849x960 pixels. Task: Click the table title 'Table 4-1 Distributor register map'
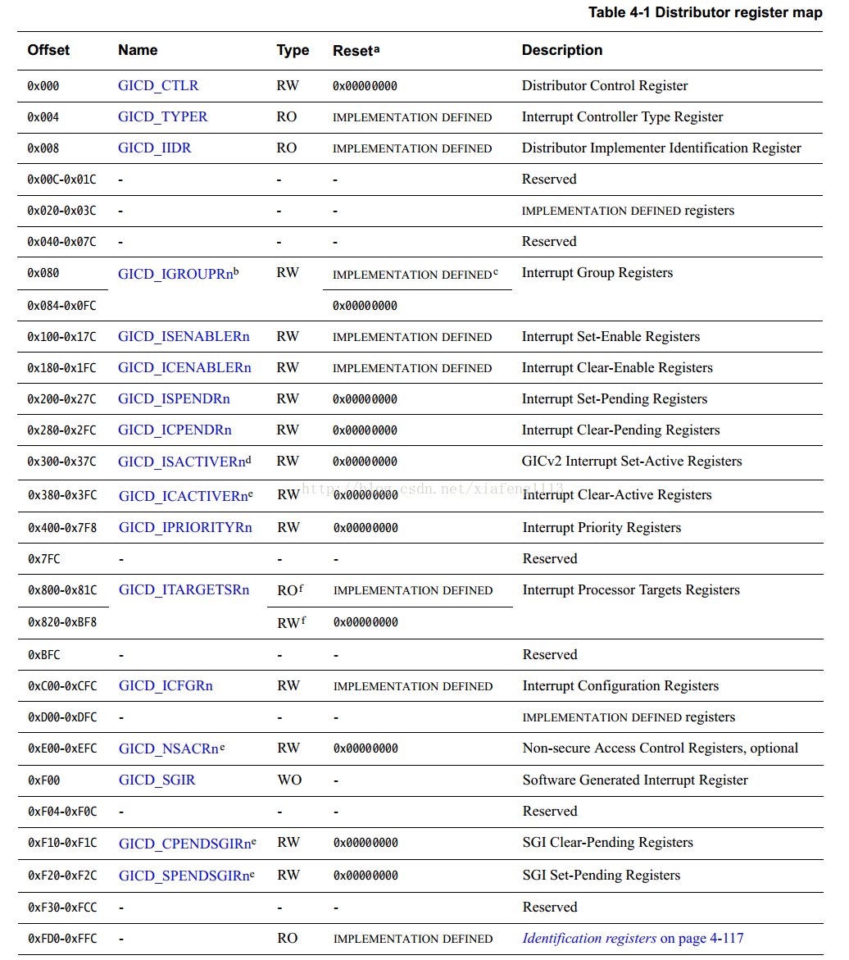(705, 13)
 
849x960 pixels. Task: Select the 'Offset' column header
(48, 50)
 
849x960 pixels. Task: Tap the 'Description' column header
(561, 50)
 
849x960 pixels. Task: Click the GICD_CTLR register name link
(158, 85)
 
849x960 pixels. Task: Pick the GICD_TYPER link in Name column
(162, 116)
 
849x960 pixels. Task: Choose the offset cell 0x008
(43, 148)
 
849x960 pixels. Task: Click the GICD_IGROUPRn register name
(176, 274)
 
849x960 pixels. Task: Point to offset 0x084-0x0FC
(61, 306)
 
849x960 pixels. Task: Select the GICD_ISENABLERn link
(184, 337)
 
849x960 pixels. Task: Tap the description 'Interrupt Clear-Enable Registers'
(617, 368)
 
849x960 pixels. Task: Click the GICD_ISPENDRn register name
(174, 399)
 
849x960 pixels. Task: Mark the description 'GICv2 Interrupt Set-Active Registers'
(632, 462)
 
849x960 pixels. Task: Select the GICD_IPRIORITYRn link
(185, 528)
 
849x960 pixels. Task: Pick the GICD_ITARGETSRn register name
(184, 590)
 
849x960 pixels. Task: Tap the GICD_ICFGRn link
(166, 686)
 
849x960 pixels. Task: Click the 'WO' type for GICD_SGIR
(289, 780)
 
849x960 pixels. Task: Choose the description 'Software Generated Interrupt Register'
(635, 780)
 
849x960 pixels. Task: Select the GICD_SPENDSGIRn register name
(184, 876)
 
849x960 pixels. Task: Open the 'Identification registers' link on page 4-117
(589, 939)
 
